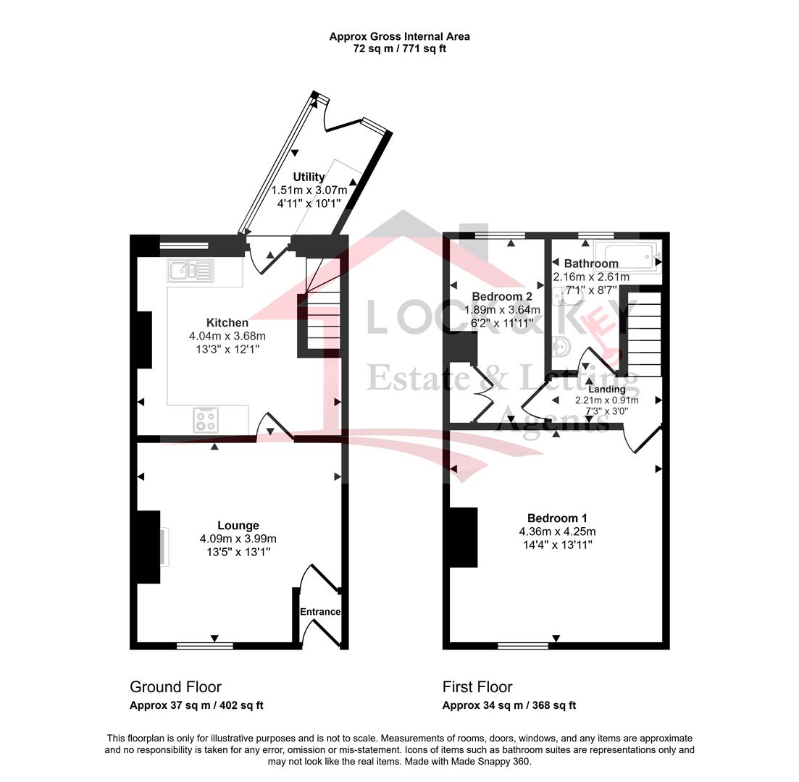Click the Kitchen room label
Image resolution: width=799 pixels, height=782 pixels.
coord(227,322)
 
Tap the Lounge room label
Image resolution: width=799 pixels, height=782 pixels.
coord(238,525)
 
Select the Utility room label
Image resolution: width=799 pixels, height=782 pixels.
coord(309,177)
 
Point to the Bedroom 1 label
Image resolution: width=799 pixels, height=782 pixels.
coord(557,518)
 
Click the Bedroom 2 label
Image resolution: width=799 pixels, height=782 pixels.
coord(502,296)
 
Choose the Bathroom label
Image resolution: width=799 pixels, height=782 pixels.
coord(591,264)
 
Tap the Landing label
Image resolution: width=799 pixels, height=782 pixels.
coord(607,390)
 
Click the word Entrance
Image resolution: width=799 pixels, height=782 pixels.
coord(320,612)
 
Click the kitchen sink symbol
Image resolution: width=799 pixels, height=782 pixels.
coord(190,271)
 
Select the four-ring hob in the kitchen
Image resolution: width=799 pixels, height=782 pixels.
coord(206,420)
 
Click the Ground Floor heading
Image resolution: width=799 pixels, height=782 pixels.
coord(176,686)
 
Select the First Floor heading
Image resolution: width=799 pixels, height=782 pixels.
coord(477,686)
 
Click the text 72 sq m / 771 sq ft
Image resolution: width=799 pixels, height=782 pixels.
coord(400,49)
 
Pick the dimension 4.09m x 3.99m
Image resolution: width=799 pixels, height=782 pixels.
coord(238,539)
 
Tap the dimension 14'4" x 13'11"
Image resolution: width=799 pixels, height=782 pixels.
coord(557,545)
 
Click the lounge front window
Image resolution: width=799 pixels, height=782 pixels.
coord(205,646)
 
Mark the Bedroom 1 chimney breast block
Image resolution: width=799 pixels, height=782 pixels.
coord(463,537)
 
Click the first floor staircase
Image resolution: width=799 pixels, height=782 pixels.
coord(644,335)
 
